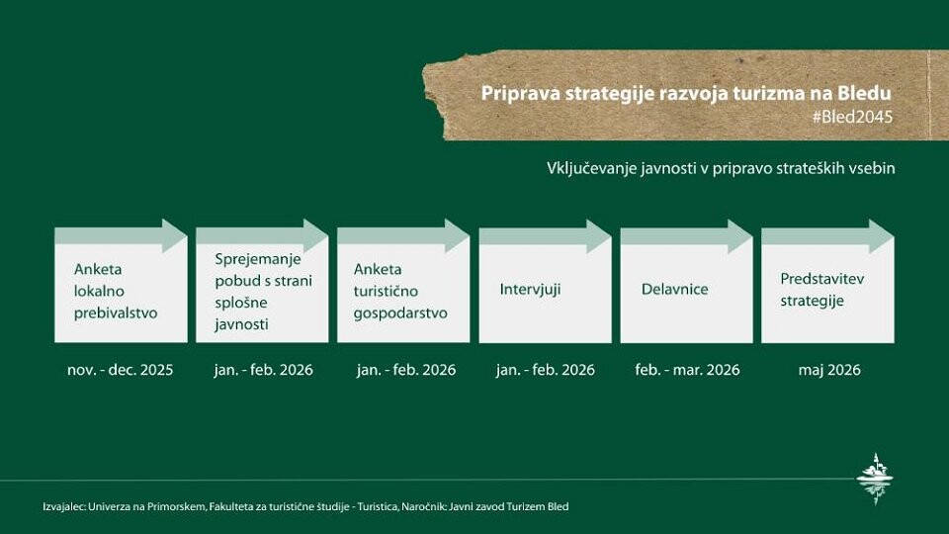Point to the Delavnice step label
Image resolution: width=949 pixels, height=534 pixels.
click(674, 289)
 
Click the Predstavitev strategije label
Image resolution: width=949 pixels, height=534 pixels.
click(822, 290)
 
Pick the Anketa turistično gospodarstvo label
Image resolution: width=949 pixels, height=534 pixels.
click(400, 290)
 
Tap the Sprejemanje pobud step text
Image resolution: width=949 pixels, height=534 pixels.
click(263, 290)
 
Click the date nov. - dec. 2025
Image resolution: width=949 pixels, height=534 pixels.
click(120, 370)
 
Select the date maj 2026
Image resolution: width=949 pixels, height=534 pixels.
click(829, 370)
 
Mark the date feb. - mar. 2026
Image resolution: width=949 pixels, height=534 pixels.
click(687, 370)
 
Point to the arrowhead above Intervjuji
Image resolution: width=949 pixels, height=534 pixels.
click(598, 236)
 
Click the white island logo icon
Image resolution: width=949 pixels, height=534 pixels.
click(875, 479)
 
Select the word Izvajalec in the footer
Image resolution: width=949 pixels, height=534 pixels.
click(63, 506)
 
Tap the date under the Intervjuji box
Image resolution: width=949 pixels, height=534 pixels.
click(546, 370)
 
